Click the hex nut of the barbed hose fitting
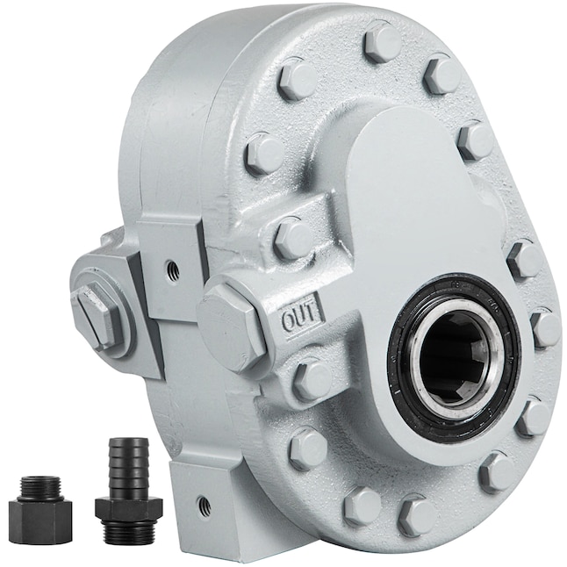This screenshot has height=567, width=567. [128, 507]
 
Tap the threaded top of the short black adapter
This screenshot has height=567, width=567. [40, 486]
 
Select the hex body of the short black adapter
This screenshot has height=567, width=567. [40, 517]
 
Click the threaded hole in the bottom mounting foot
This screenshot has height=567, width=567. [204, 506]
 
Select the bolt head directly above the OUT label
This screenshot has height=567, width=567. [293, 236]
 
